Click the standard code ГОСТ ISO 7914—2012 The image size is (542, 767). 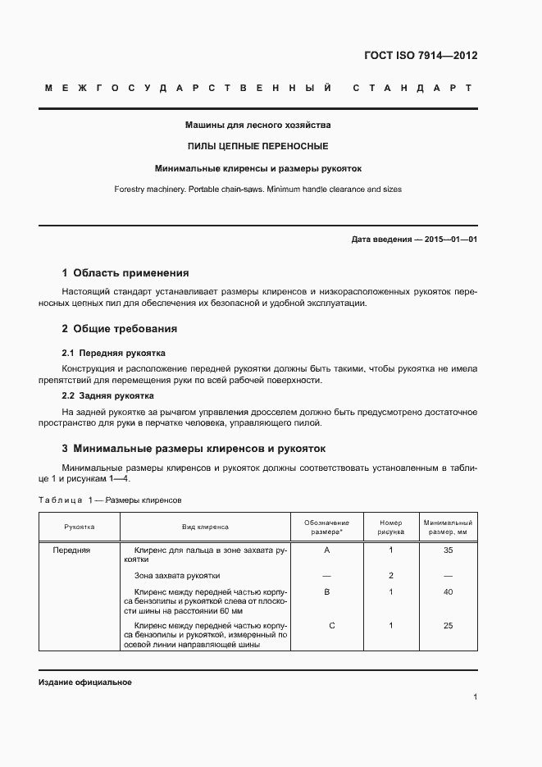420,57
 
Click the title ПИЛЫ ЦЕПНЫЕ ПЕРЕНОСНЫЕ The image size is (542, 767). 258,147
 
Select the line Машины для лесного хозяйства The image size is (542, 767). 258,126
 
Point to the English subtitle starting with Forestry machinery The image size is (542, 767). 258,189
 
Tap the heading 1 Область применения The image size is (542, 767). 125,273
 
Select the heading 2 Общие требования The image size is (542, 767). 120,329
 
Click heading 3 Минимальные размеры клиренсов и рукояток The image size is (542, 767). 194,449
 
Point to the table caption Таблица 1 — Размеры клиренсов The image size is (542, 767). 110,500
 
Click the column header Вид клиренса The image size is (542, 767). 205,527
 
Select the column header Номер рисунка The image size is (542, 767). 391,527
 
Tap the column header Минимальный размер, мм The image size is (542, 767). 448,527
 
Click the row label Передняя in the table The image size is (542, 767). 71,550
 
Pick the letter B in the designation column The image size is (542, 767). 327,591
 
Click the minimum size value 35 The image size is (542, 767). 448,550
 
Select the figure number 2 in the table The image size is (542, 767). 391,576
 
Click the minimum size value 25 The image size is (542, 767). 448,626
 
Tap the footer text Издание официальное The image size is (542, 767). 84,683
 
